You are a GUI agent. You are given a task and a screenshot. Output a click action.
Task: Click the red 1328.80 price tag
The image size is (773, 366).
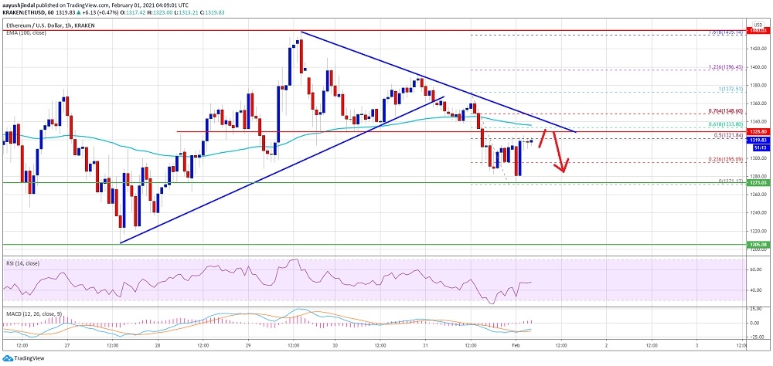click(x=757, y=132)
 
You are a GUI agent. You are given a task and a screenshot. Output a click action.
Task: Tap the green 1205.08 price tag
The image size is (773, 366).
click(x=757, y=245)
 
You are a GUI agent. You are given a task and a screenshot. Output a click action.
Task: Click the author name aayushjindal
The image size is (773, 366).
click(x=22, y=5)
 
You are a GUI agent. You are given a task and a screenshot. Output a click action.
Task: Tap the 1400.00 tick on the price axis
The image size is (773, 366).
click(x=757, y=67)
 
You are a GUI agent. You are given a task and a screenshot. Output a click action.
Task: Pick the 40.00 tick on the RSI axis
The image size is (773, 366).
click(x=757, y=289)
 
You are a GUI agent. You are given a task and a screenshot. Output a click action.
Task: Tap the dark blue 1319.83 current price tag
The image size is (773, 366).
click(x=757, y=139)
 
